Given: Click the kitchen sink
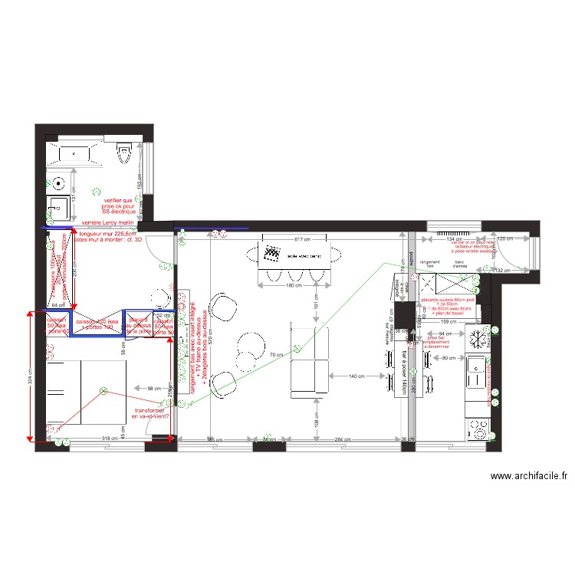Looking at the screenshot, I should tap(477, 376).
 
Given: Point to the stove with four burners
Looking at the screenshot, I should tap(477, 427).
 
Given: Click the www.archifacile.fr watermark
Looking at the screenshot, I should tap(530, 476).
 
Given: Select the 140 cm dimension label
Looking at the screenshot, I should tap(356, 376).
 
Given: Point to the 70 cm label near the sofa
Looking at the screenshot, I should tap(275, 355).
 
